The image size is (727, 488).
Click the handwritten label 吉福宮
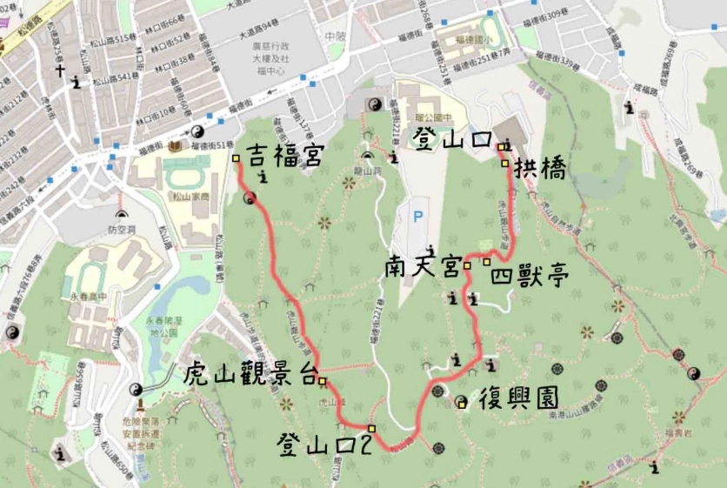[283, 157]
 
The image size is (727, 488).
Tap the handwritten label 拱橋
[540, 169]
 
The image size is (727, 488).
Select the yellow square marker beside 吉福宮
[236, 157]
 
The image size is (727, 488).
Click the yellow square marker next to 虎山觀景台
[323, 380]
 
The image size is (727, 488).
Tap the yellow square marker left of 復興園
[462, 402]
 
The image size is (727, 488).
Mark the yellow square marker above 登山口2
[371, 428]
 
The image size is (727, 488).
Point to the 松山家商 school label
[199, 197]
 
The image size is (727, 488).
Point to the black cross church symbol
[61, 73]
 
